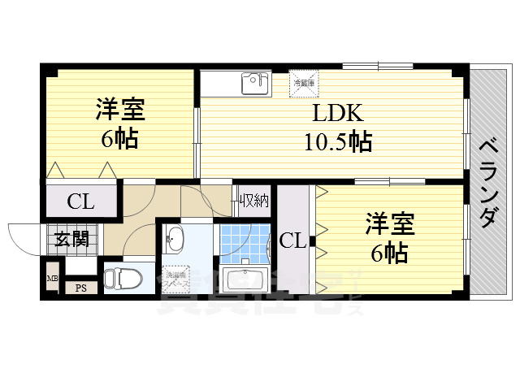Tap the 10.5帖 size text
[338, 142]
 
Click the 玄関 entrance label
[71, 239]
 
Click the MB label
[52, 279]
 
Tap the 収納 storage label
[253, 199]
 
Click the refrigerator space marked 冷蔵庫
[305, 82]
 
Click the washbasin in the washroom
[176, 239]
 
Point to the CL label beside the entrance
[80, 201]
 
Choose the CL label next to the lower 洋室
[293, 240]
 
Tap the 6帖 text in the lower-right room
[390, 253]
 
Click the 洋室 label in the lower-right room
[390, 223]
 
